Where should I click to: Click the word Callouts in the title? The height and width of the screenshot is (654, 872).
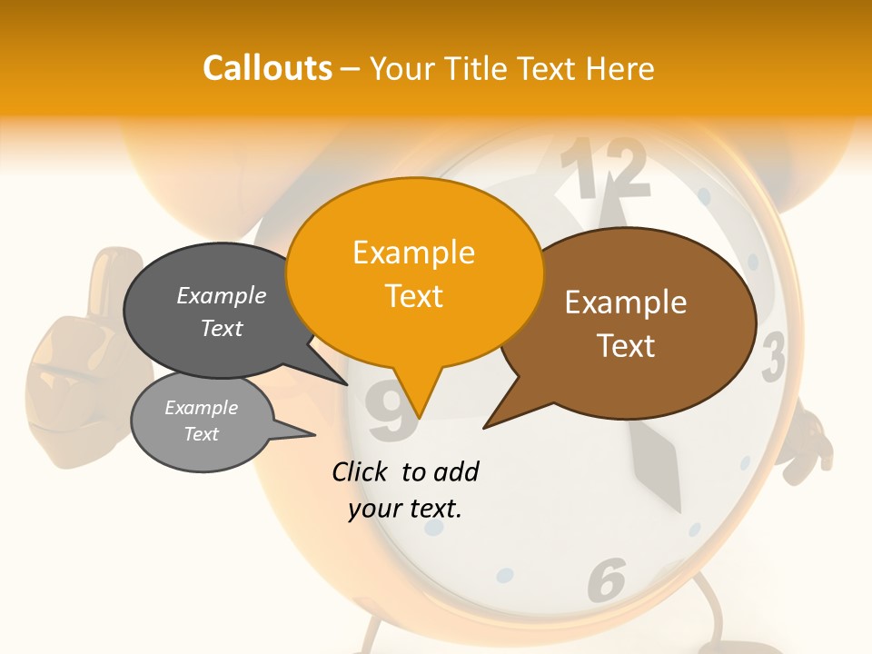tap(267, 68)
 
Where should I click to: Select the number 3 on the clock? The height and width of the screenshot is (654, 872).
tap(773, 358)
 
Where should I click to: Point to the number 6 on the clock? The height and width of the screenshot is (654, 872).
tap(607, 579)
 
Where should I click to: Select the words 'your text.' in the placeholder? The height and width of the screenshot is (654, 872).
tap(405, 509)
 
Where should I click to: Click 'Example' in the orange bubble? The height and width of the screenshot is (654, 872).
tap(414, 253)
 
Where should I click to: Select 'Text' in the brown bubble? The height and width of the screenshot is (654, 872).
tap(627, 346)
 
